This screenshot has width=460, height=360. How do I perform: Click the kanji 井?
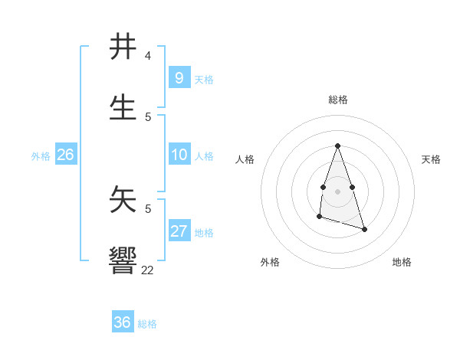coord(123,47)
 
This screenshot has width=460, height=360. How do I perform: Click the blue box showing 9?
coord(179,77)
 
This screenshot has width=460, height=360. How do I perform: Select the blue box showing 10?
coord(179,155)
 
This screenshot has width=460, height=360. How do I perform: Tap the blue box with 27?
coord(179,231)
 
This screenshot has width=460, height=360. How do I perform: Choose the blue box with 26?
coord(65,155)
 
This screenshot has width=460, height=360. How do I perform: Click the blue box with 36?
coord(122,322)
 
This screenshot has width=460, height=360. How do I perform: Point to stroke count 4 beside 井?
coord(147,56)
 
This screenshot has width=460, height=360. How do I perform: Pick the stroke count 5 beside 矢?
coord(147,208)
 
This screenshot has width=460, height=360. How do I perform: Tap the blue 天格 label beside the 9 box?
coord(204,79)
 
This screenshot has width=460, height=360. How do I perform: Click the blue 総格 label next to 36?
coord(147,324)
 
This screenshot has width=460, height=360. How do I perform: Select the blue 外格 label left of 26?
coord(41,156)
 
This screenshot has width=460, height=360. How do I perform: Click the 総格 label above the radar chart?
coord(337,100)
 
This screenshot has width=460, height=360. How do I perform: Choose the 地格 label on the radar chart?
coord(402,262)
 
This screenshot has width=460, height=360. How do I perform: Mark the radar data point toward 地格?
coord(364,229)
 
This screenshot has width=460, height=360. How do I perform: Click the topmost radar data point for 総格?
coord(337,146)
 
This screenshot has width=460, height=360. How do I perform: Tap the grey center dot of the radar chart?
coord(337,191)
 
